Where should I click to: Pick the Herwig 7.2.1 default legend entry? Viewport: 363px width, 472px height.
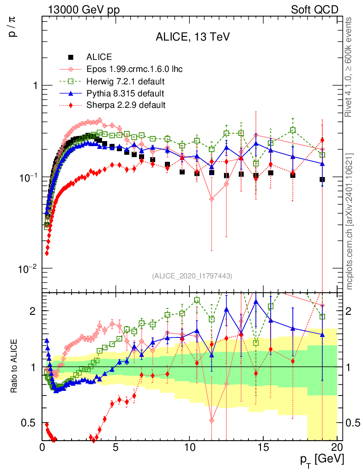pyautogui.click(x=126, y=82)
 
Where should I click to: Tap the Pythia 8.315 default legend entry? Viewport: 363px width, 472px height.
pyautogui.click(x=125, y=94)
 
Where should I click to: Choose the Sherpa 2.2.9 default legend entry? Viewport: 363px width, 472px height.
pyautogui.click(x=126, y=105)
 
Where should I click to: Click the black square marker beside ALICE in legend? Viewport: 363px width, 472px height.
pyautogui.click(x=71, y=58)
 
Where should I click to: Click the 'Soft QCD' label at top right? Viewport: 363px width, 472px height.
pyautogui.click(x=315, y=10)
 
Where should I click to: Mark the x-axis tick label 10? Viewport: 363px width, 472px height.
pyautogui.click(x=189, y=447)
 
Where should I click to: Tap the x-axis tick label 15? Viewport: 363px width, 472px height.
pyautogui.click(x=263, y=447)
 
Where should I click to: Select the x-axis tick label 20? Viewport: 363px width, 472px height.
pyautogui.click(x=337, y=447)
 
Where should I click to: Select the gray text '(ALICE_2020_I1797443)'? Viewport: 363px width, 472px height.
pyautogui.click(x=192, y=276)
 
